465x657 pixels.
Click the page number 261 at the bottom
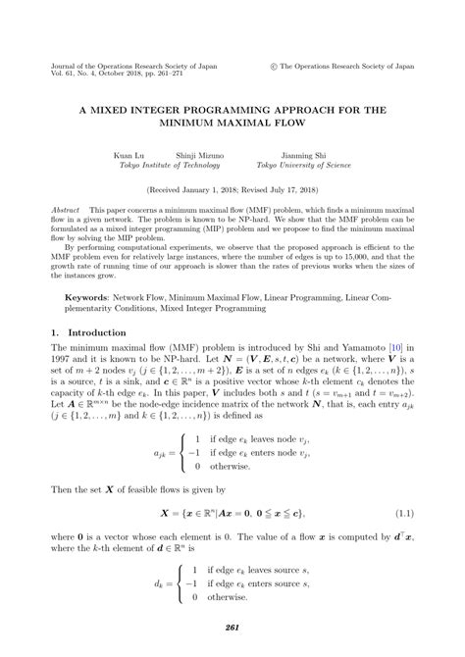pyautogui.click(x=232, y=627)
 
